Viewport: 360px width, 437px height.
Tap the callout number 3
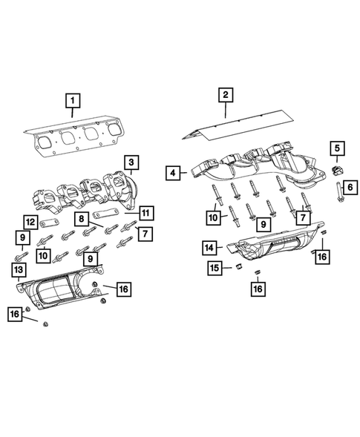coord(130,162)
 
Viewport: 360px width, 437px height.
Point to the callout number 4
coord(172,173)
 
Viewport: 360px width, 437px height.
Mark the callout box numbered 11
coord(146,214)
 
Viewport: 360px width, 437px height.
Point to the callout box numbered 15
coord(214,266)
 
